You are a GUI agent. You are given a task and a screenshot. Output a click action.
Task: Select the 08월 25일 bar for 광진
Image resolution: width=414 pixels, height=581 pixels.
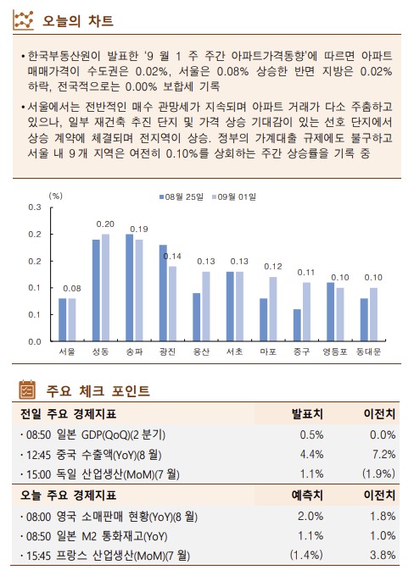click(163, 292)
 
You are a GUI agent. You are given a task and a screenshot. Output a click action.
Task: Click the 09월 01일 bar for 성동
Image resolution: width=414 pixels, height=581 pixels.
click(106, 287)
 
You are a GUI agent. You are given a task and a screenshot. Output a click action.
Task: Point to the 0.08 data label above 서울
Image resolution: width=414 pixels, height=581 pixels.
click(72, 288)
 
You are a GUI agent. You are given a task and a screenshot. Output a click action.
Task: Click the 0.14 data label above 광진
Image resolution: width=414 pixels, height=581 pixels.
click(172, 257)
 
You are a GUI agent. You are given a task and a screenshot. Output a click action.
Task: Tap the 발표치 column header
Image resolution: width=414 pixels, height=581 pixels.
click(306, 415)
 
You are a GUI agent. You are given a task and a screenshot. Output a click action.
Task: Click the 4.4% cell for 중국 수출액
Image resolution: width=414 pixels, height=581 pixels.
click(310, 455)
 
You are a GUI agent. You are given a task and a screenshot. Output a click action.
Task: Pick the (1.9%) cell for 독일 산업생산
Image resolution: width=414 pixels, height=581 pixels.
click(378, 474)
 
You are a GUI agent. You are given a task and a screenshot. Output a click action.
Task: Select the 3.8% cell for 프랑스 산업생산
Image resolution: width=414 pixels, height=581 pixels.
click(383, 555)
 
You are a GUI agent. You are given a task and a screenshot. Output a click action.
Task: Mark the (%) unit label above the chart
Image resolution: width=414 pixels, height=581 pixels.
click(56, 195)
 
